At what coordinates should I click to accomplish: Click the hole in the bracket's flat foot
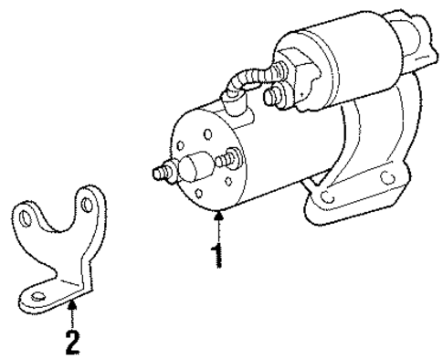tap(37, 296)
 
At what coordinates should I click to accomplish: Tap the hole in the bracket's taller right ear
tap(89, 199)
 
